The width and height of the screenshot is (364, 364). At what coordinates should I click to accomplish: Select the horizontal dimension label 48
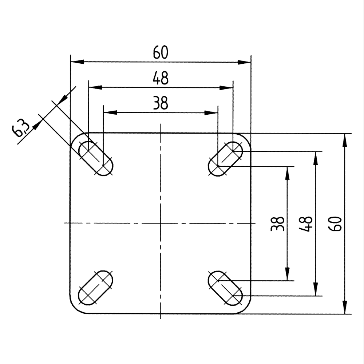pyautogui.click(x=161, y=78)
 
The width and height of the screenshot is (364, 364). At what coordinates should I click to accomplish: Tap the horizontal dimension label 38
pyautogui.click(x=161, y=104)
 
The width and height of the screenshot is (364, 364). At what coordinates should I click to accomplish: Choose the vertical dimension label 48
pyautogui.click(x=306, y=224)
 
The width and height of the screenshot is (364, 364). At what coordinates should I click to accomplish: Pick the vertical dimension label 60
pyautogui.click(x=335, y=224)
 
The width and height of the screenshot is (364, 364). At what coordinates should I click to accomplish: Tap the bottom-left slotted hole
pyautogui.click(x=96, y=288)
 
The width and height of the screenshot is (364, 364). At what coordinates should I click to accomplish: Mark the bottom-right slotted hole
pyautogui.click(x=225, y=288)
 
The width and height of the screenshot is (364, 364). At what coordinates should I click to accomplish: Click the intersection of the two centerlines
pyautogui.click(x=161, y=223)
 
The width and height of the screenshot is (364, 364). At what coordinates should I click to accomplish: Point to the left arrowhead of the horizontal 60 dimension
pyautogui.click(x=76, y=62)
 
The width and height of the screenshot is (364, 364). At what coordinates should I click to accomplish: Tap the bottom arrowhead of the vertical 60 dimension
pyautogui.click(x=344, y=308)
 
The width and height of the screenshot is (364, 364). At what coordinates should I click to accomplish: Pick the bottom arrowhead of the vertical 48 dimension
pyautogui.click(x=316, y=289)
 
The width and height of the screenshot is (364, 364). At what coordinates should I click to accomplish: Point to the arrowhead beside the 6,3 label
pyautogui.click(x=37, y=125)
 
